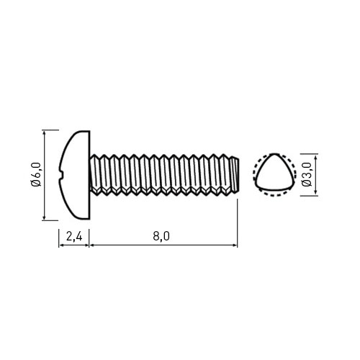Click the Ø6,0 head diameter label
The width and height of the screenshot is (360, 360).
(x=36, y=174)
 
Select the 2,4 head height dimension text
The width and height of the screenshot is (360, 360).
(x=74, y=237)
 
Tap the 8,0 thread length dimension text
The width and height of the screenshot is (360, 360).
(x=161, y=236)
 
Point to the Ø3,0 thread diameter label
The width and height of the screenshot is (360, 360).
(x=307, y=174)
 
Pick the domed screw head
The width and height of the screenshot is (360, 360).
(x=74, y=175)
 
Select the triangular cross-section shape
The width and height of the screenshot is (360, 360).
(x=274, y=172)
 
